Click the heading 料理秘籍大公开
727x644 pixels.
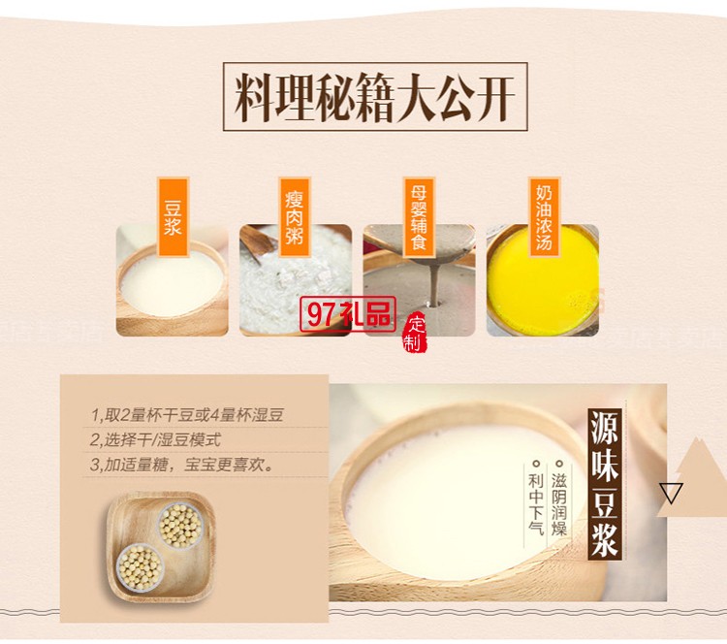[375, 97]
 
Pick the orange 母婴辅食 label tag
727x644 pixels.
[419, 216]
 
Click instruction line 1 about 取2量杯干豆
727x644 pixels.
[188, 416]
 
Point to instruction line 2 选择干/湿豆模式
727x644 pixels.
[156, 439]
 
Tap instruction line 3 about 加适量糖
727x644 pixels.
[182, 464]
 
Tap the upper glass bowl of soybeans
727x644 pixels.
[180, 525]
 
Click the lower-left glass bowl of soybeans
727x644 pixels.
[142, 564]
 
